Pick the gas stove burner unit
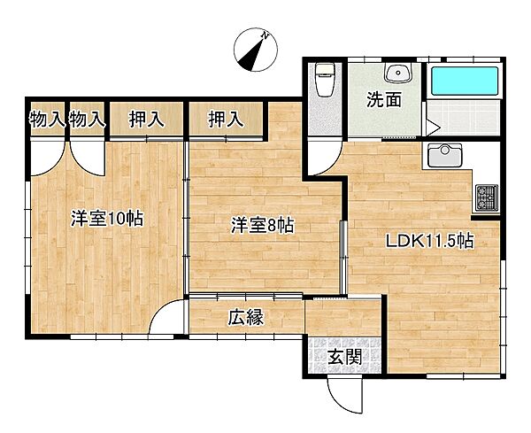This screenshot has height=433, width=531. click(x=486, y=195)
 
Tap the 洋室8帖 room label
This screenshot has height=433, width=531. click(x=262, y=226)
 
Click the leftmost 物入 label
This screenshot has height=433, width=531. click(x=47, y=119)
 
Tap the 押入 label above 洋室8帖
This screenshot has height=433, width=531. click(x=226, y=119)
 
